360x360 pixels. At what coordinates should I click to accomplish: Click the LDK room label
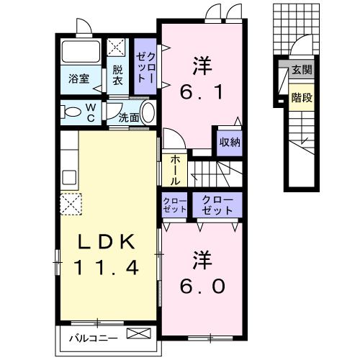tap(105, 243)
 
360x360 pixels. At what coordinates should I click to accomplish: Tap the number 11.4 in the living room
tap(105, 269)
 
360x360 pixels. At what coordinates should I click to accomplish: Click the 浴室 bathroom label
tap(79, 78)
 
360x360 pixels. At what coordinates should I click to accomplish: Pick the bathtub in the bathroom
tap(82, 53)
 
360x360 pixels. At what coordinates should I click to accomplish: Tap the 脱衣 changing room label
tap(117, 76)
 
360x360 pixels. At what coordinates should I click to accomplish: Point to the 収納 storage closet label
tap(226, 142)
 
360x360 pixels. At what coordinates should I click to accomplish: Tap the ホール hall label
tap(175, 171)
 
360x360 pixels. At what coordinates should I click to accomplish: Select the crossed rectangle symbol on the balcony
tap(140, 334)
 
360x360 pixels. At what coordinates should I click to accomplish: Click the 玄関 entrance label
tap(301, 71)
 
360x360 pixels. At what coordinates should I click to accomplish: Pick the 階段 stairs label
tap(301, 97)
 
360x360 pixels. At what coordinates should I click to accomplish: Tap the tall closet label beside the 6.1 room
tap(145, 66)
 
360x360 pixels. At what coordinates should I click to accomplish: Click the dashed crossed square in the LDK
tap(72, 204)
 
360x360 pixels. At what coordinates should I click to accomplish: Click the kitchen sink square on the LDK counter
tap(71, 177)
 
